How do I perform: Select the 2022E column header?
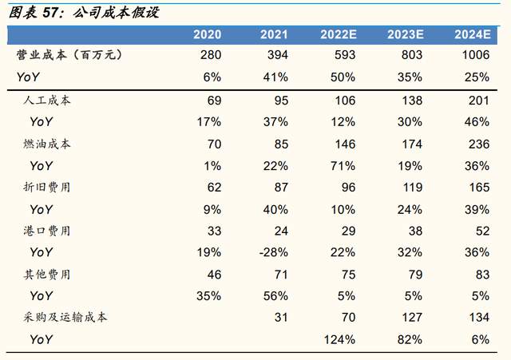(339, 34)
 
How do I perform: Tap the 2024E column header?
(472, 34)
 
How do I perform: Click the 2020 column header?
(207, 34)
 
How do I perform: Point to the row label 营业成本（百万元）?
(69, 56)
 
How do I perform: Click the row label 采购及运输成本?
(65, 318)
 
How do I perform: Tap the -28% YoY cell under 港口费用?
(273, 252)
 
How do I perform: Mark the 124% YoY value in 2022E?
(340, 339)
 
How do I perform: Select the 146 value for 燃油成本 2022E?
(344, 144)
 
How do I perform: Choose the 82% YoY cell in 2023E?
(410, 339)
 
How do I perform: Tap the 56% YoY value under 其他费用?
(275, 295)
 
